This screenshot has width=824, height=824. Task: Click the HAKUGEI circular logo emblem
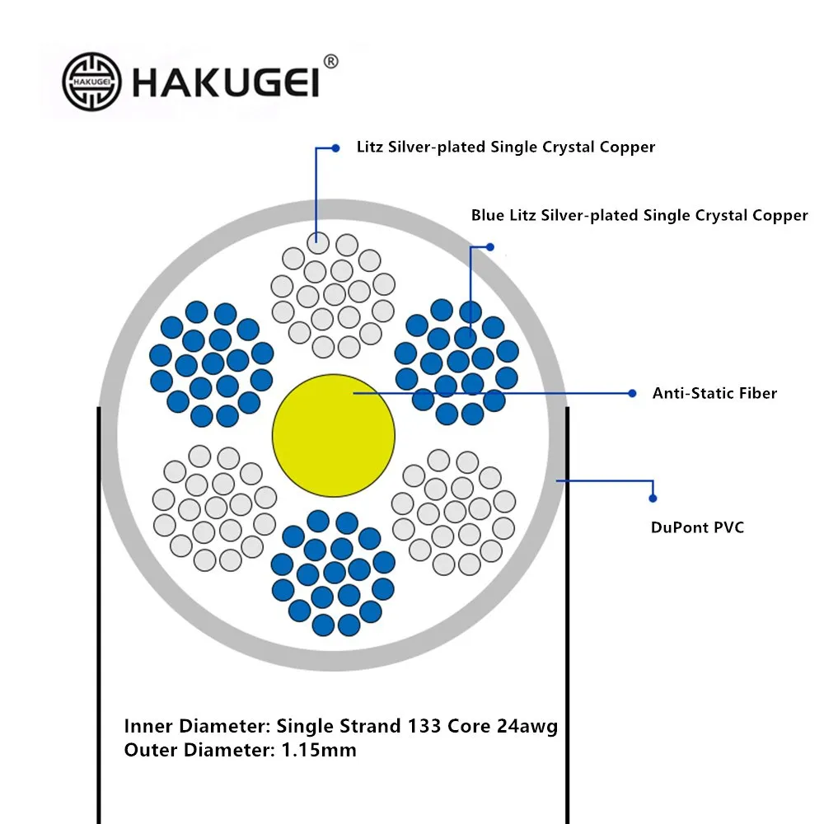(x=91, y=82)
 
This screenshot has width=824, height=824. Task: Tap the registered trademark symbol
(x=331, y=62)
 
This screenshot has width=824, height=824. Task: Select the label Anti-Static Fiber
(x=714, y=393)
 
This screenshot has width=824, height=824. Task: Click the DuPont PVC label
(x=697, y=527)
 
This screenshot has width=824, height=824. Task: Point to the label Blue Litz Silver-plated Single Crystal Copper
(x=639, y=215)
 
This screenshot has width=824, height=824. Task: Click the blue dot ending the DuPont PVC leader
(x=653, y=498)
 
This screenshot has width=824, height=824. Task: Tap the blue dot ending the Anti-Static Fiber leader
(x=633, y=393)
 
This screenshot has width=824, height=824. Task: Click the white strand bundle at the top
(x=334, y=294)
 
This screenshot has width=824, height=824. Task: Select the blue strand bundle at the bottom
(x=334, y=572)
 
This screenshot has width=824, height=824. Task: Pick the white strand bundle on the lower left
(x=213, y=508)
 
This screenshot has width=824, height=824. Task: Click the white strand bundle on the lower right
(x=454, y=512)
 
